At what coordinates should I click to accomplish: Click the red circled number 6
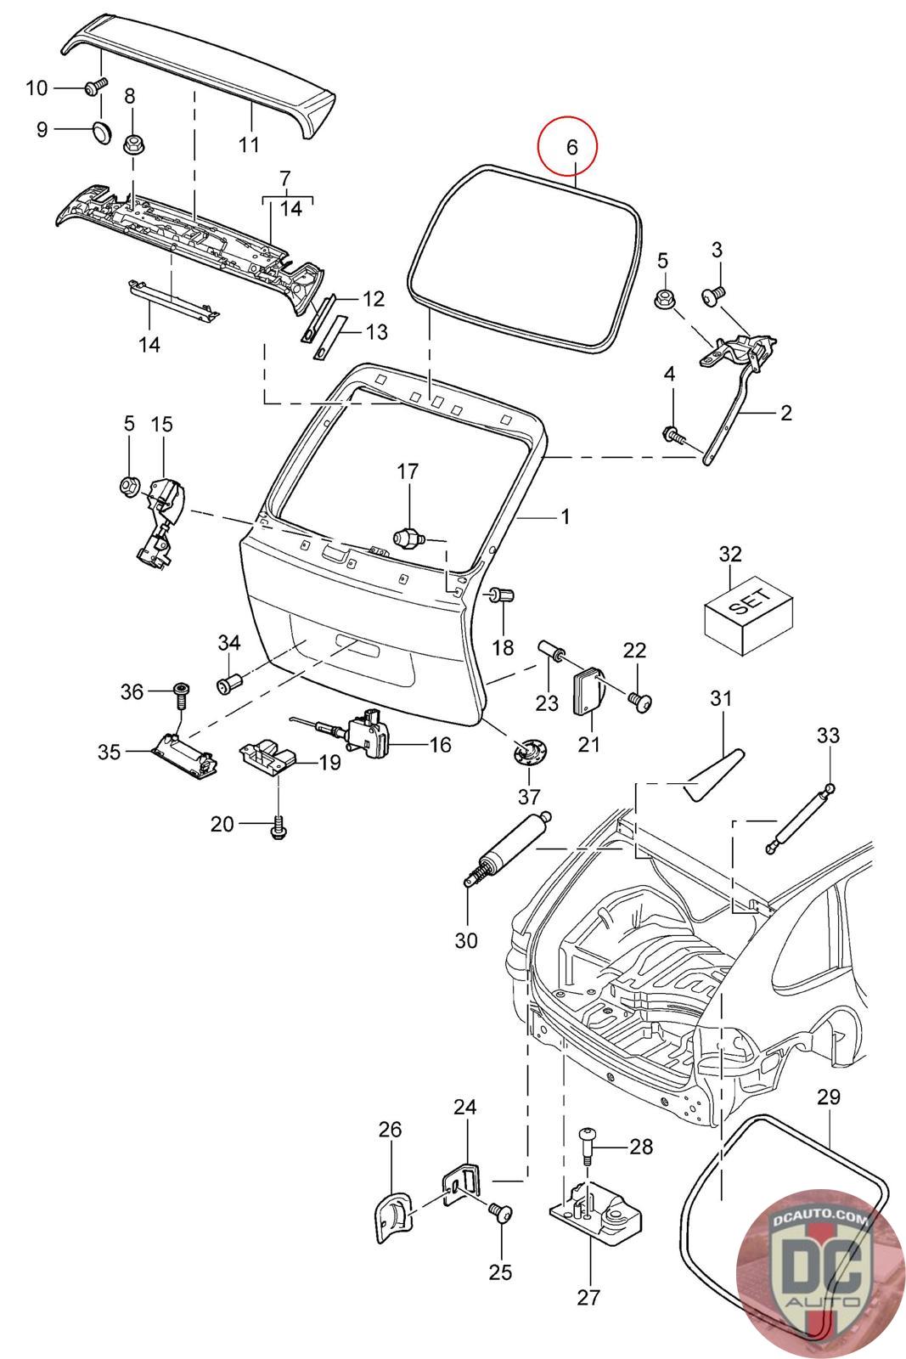click(571, 146)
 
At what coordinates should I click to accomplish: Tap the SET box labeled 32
click(749, 609)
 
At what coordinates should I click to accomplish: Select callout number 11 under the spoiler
click(249, 144)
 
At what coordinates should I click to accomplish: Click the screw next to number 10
click(94, 86)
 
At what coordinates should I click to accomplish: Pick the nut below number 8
click(133, 144)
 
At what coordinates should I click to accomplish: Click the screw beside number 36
click(181, 694)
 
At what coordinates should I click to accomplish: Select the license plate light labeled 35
click(183, 752)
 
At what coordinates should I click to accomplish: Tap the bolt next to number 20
click(277, 825)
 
